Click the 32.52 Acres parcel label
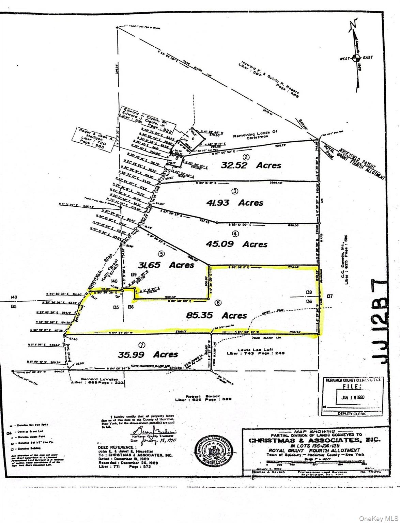point(251,165)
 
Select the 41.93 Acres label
point(235,203)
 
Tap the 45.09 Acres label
point(236,244)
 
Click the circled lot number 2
point(246,157)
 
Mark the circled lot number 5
point(161,253)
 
